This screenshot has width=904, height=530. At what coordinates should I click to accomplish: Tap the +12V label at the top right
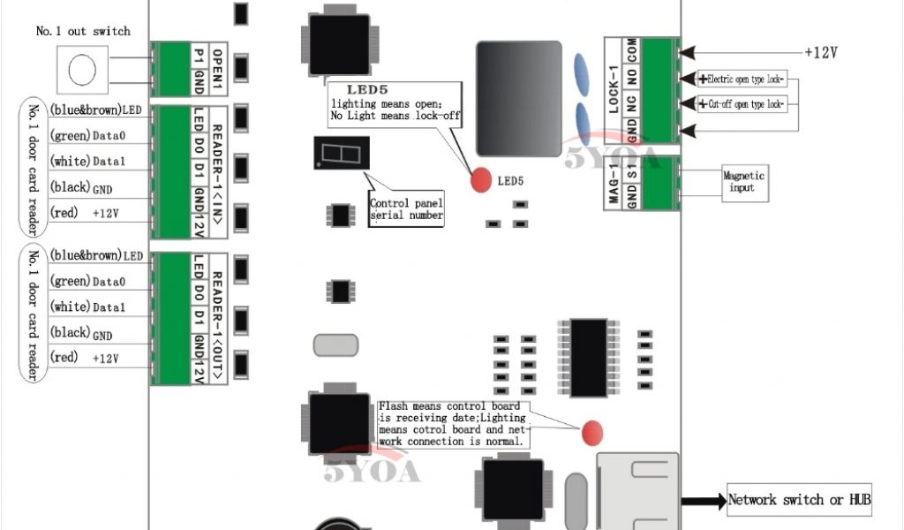pyautogui.click(x=820, y=52)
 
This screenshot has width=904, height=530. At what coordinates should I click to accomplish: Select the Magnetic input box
pyautogui.click(x=743, y=182)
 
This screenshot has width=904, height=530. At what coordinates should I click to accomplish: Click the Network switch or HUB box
pyautogui.click(x=799, y=500)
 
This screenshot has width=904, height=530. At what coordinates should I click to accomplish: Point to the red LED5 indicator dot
pyautogui.click(x=480, y=179)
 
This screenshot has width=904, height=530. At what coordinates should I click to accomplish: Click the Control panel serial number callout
pyautogui.click(x=406, y=209)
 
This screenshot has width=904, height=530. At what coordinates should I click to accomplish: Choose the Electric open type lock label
pyautogui.click(x=745, y=79)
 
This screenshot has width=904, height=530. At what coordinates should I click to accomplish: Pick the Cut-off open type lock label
pyautogui.click(x=745, y=104)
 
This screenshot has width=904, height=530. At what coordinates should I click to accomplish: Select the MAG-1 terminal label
pyautogui.click(x=615, y=184)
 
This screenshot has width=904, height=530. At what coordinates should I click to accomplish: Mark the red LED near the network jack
pyautogui.click(x=591, y=432)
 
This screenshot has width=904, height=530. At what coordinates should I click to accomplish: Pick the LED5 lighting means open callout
pyautogui.click(x=396, y=102)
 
